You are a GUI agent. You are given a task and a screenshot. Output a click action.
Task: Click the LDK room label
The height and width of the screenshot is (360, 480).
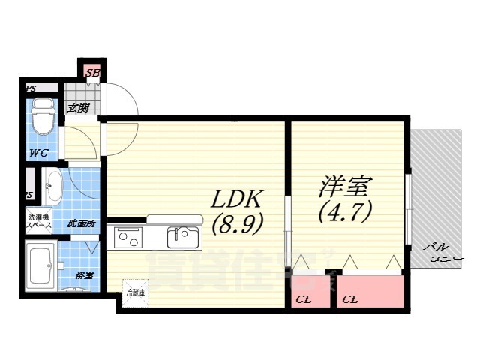236,199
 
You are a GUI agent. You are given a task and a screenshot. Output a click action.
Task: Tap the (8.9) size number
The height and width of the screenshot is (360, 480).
236,224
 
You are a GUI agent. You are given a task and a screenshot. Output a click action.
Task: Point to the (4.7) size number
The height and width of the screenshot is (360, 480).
345,214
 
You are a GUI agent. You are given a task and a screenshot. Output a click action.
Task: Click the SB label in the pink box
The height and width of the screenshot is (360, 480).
93,73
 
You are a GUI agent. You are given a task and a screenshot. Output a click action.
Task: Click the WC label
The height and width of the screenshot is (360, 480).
39,153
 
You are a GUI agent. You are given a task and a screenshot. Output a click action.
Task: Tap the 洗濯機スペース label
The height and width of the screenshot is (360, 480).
40,222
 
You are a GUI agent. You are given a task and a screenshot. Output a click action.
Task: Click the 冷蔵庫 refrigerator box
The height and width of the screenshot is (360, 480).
136,290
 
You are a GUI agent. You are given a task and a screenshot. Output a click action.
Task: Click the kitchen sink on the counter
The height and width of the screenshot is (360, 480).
182,238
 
